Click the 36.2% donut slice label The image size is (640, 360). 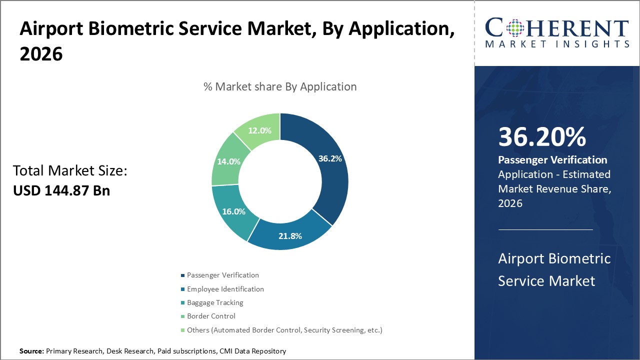pyautogui.click(x=330, y=158)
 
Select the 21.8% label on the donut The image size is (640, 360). pyautogui.click(x=289, y=235)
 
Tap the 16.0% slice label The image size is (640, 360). pyautogui.click(x=233, y=211)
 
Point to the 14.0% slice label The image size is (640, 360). pyautogui.click(x=228, y=161)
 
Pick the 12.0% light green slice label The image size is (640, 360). pyautogui.click(x=259, y=130)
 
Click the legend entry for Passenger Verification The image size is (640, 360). pyautogui.click(x=222, y=275)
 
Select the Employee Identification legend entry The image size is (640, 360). pyautogui.click(x=225, y=289)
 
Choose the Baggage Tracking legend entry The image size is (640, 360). pyautogui.click(x=215, y=302)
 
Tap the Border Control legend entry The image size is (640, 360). pyautogui.click(x=211, y=316)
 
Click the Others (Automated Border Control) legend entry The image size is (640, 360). pyautogui.click(x=284, y=330)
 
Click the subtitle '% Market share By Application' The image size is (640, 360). pyautogui.click(x=280, y=86)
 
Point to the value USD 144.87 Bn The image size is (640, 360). pyautogui.click(x=61, y=190)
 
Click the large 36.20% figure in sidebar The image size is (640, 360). pyautogui.click(x=542, y=137)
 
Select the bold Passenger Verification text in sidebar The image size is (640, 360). pyautogui.click(x=552, y=160)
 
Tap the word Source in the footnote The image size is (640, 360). pyautogui.click(x=31, y=351)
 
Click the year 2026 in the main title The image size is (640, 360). pyautogui.click(x=41, y=54)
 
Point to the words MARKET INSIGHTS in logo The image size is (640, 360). pyautogui.click(x=556, y=44)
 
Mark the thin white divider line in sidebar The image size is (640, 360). pyautogui.click(x=545, y=230)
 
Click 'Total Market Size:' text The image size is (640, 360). pyautogui.click(x=70, y=171)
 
